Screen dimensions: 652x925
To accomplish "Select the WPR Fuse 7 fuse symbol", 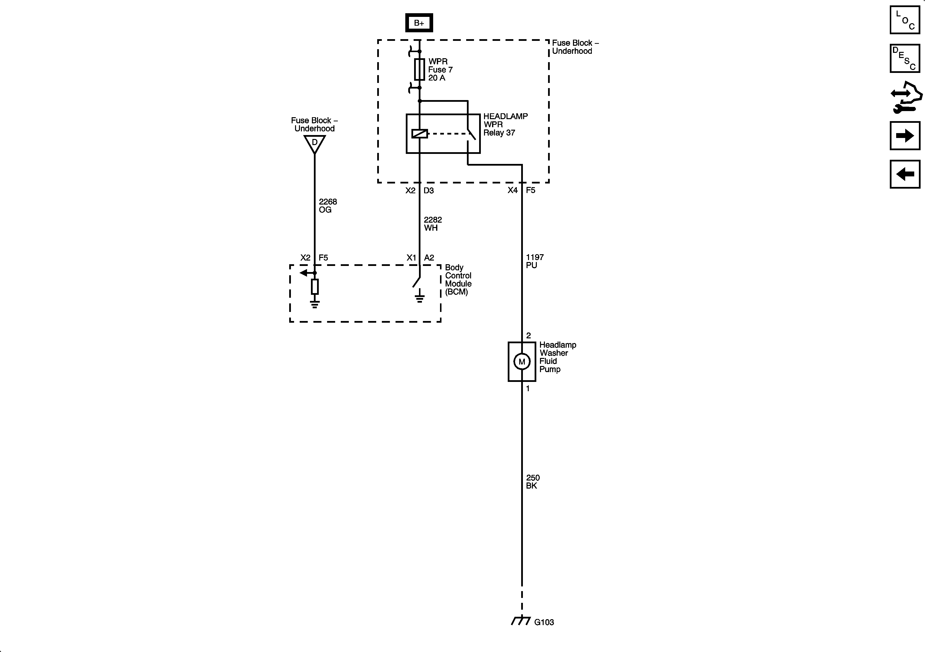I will point(419,69).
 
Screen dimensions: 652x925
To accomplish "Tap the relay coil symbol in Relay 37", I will point(419,134).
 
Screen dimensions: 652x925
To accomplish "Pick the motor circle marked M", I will point(522,362).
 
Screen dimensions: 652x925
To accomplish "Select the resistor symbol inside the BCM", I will point(315,287).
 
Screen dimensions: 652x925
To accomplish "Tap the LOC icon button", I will point(904,20).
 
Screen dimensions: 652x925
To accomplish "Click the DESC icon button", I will point(904,58).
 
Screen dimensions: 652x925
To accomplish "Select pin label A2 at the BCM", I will point(429,258).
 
